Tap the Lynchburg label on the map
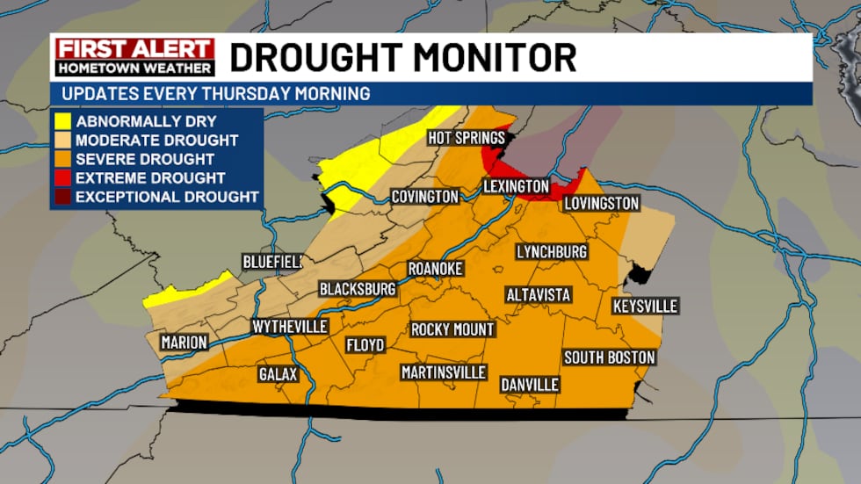tap(551, 252)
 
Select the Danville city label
tap(529, 385)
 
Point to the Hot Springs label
tap(466, 138)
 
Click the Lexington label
tap(516, 186)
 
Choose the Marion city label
tap(184, 343)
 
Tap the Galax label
tap(278, 374)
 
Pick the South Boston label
tap(609, 358)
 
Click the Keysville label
tap(645, 307)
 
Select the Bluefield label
tap(272, 262)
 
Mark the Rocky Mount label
tap(452, 329)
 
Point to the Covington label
tap(425, 197)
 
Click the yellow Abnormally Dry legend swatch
tap(61, 121)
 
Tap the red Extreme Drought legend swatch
tap(61, 178)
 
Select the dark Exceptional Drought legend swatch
tap(61, 197)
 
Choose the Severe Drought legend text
tap(145, 159)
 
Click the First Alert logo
tap(134, 57)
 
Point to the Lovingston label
tap(601, 204)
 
